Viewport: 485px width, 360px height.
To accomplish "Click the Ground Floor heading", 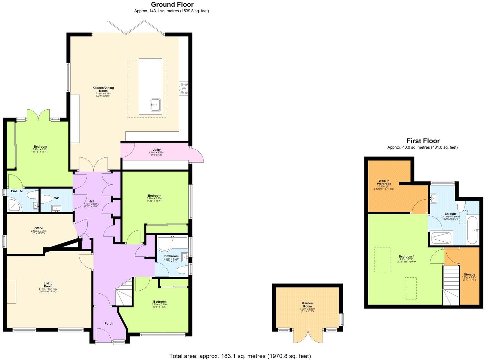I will [x=172, y=5].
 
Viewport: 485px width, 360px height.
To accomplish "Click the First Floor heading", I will [x=423, y=141].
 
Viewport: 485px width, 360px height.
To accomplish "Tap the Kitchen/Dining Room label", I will [x=103, y=89].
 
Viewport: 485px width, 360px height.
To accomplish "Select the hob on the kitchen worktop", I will [x=184, y=89].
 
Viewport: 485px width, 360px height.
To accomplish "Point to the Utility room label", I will [x=157, y=150].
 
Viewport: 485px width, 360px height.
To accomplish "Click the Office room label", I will [x=39, y=228].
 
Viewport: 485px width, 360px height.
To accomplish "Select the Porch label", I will [x=109, y=324].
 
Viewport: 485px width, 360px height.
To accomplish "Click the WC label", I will [x=57, y=198].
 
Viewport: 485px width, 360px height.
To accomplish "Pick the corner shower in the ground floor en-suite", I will [x=15, y=205].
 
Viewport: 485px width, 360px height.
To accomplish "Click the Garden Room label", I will [x=307, y=305].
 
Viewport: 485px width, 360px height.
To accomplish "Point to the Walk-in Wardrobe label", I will [x=385, y=182].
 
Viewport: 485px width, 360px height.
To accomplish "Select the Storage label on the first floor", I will [x=469, y=275].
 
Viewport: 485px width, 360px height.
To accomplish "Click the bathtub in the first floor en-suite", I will [x=473, y=230].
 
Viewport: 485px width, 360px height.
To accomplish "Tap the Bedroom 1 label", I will [x=407, y=256].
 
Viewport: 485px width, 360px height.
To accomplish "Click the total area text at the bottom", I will [x=240, y=356].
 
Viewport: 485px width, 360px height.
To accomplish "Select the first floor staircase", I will [x=451, y=284].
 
